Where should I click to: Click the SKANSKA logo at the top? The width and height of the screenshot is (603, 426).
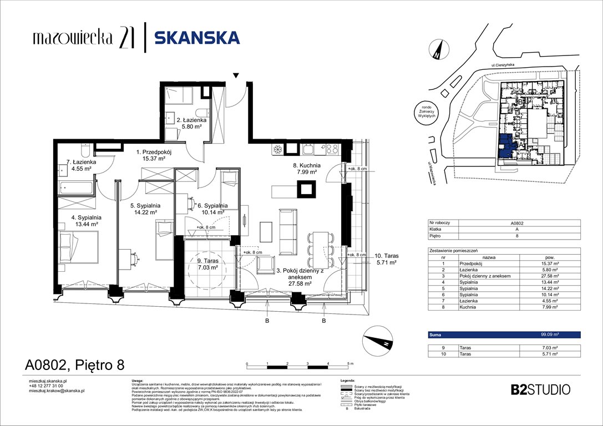pos(197,38)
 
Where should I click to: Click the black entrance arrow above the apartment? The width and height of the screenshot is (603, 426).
pos(236,75)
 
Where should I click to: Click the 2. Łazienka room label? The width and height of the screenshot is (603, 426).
pos(191,123)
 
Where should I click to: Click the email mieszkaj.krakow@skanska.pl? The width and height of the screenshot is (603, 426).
pos(56,390)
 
